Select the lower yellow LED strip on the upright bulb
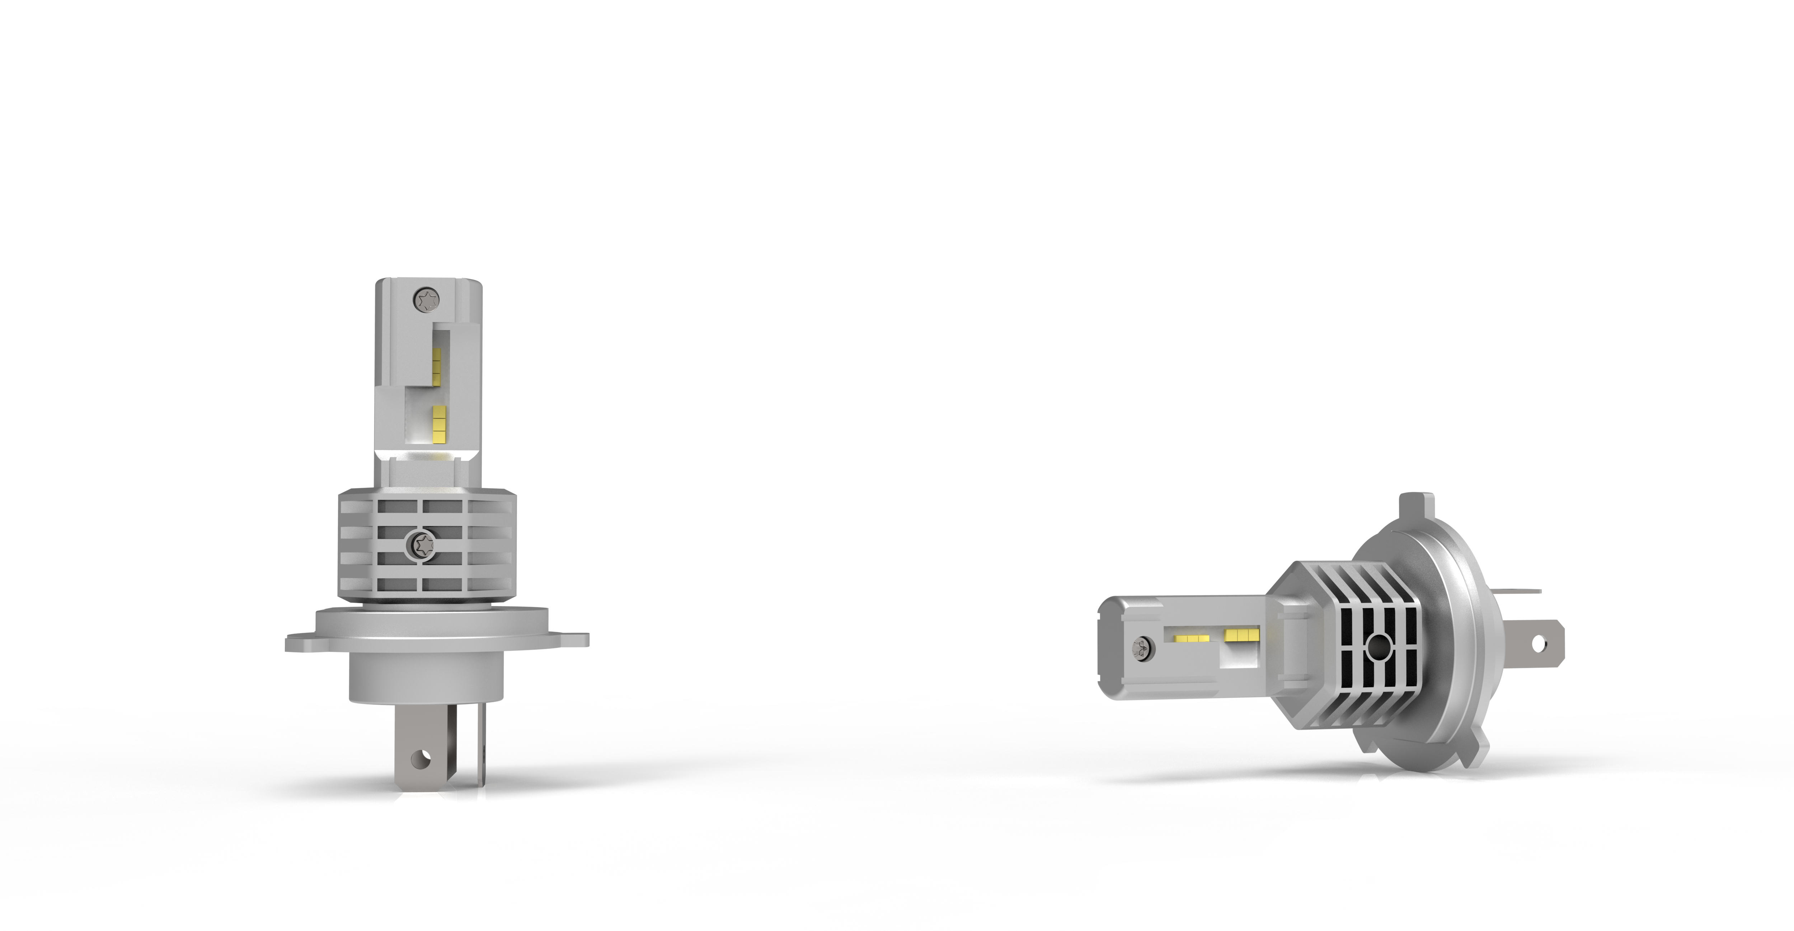(x=439, y=423)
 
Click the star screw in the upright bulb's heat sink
(x=421, y=543)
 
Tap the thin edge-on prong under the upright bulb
(x=480, y=746)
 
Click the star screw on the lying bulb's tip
(x=1142, y=648)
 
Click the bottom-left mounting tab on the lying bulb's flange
(x=1368, y=742)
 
